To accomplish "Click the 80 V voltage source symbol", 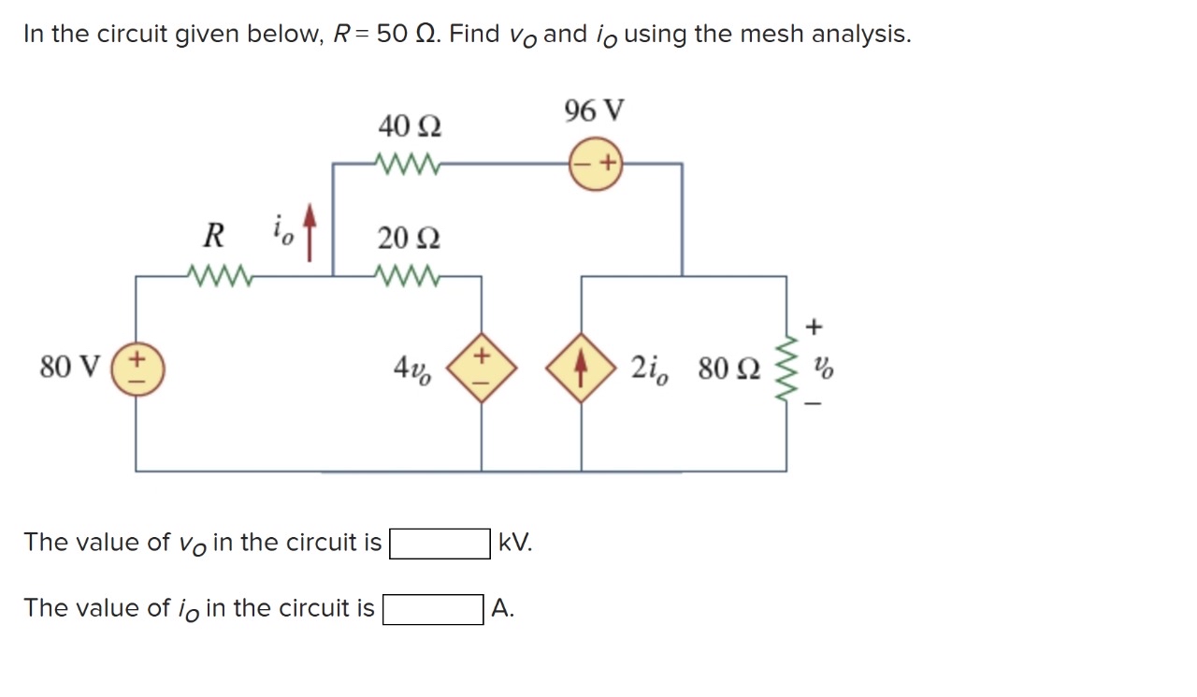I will [137, 368].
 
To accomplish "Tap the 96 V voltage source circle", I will [597, 164].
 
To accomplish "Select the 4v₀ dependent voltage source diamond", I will [481, 368].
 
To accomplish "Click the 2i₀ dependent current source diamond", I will [581, 368].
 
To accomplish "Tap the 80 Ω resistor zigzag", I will [785, 368].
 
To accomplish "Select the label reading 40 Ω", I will [410, 124].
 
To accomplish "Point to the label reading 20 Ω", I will [410, 239].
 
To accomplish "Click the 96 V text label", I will [595, 111].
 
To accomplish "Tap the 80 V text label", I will [71, 368].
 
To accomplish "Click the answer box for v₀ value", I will [440, 543].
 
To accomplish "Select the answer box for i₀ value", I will [433, 609].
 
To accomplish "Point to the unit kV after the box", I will [515, 543].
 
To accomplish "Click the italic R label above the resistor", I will [213, 236].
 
